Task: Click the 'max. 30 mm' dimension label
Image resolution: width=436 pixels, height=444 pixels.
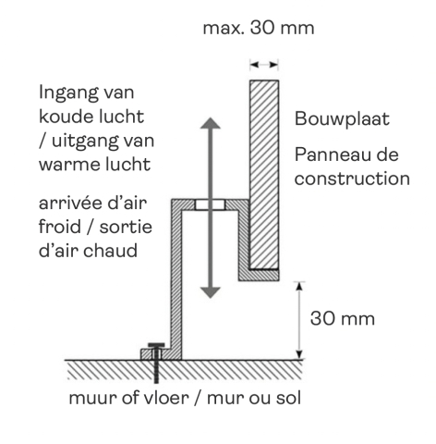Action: click(259, 28)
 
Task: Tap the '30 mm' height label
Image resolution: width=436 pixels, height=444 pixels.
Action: click(343, 318)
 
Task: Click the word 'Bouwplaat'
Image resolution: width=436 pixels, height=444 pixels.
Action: click(342, 119)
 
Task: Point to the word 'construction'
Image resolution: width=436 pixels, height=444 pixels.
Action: click(352, 179)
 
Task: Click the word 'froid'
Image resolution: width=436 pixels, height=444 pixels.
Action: click(60, 227)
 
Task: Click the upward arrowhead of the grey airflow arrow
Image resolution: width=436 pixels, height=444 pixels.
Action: click(211, 123)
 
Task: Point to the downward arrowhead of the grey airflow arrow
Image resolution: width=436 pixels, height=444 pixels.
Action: click(211, 292)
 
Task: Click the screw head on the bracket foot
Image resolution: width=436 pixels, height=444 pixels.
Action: click(156, 345)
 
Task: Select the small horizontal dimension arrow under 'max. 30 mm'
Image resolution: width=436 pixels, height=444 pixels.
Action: click(264, 65)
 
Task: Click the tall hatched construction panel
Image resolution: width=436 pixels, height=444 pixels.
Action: click(264, 174)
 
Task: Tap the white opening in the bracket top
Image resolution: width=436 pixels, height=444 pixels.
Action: click(211, 204)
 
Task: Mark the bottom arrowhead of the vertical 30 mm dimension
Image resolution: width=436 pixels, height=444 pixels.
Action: click(299, 354)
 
